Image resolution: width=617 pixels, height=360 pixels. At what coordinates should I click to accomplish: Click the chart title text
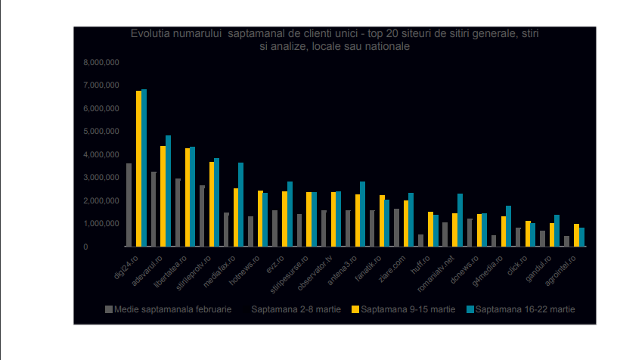click(x=334, y=40)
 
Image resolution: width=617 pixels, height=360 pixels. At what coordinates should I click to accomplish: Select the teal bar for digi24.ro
click(x=144, y=168)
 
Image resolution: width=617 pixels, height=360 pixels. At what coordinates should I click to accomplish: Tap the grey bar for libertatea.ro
click(x=178, y=213)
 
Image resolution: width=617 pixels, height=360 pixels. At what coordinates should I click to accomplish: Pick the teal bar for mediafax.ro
click(x=241, y=204)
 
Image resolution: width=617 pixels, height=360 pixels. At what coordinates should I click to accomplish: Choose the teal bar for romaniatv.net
click(x=460, y=220)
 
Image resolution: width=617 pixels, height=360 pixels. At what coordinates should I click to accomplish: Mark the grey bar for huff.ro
click(x=421, y=241)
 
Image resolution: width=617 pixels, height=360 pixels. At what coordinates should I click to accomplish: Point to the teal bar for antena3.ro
click(x=363, y=214)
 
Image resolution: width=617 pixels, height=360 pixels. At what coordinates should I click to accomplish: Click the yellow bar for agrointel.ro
click(x=576, y=235)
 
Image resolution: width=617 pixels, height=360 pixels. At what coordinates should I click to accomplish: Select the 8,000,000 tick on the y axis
click(x=101, y=62)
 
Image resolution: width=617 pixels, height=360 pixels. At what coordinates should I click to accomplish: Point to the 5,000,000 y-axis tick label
click(x=101, y=132)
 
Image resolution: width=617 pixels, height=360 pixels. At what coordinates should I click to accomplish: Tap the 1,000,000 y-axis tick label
click(x=101, y=224)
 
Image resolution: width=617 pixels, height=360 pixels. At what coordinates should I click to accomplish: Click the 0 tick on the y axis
click(x=107, y=247)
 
